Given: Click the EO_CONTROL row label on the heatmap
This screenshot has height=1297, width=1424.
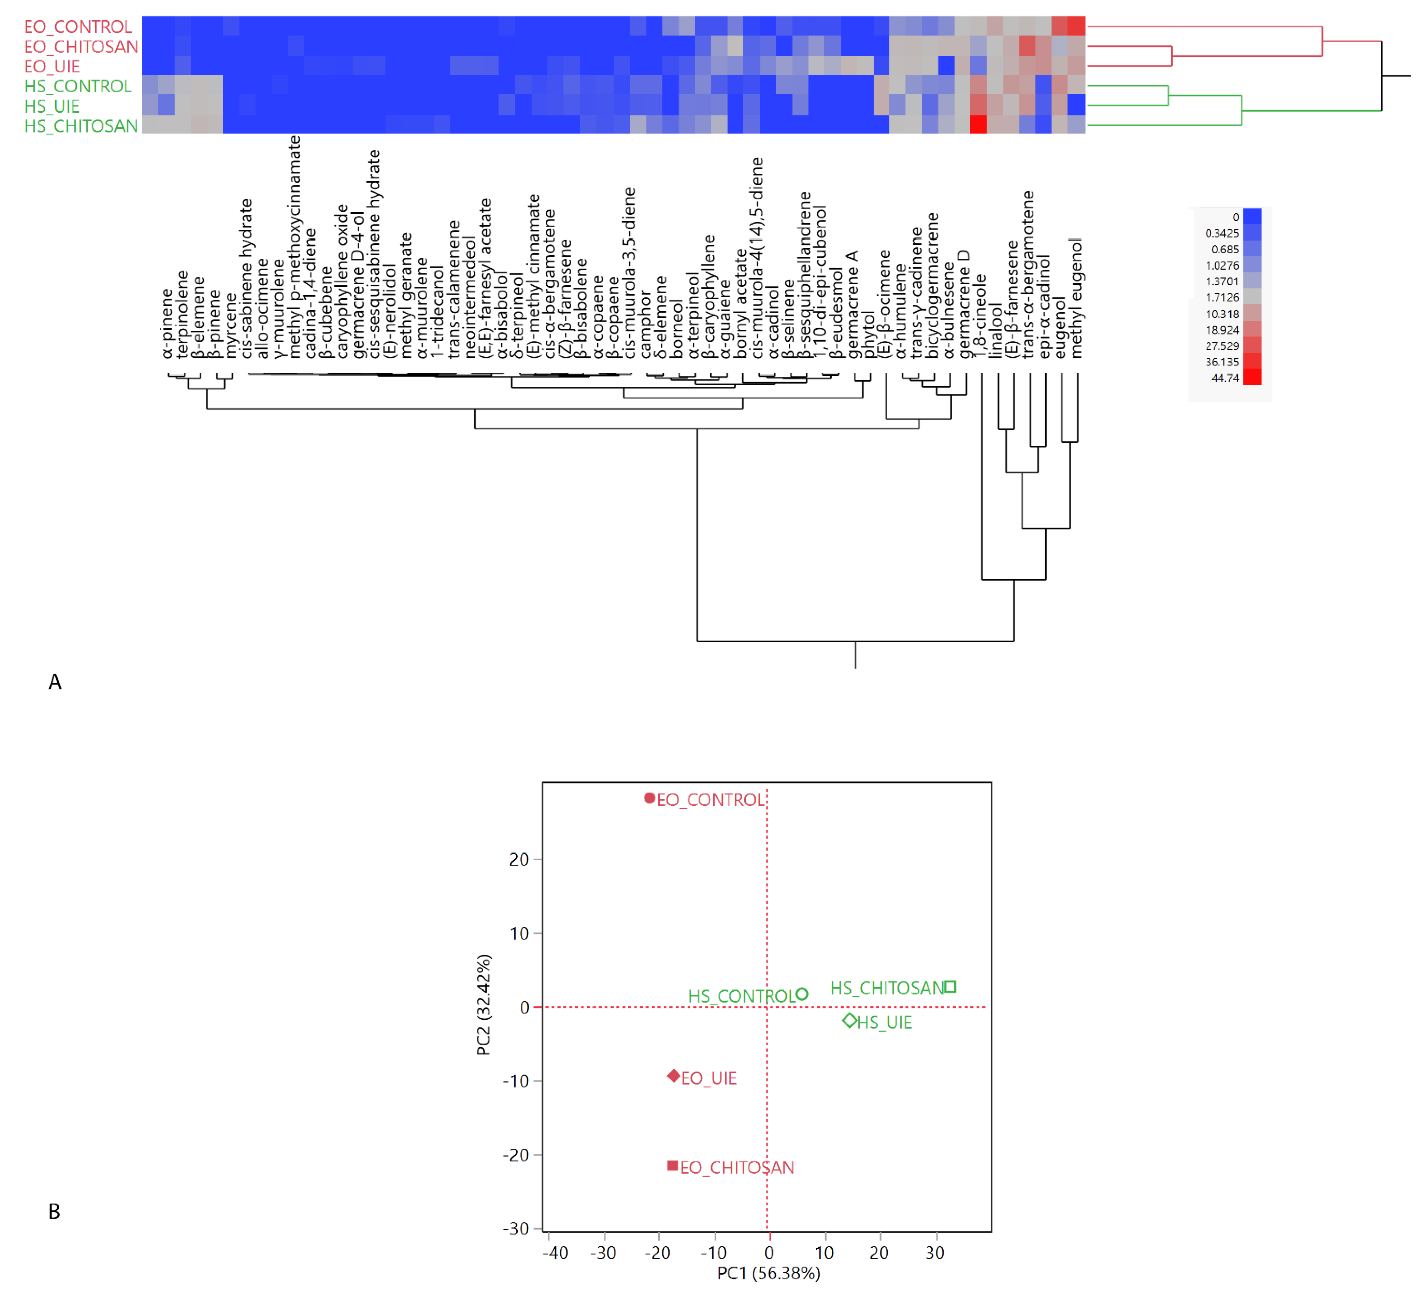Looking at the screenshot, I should click(78, 27).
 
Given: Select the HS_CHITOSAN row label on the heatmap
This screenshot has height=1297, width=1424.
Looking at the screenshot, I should click(81, 126).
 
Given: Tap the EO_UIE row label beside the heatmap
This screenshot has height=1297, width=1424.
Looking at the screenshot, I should click(52, 66).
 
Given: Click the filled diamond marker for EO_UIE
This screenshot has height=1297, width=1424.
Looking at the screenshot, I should click(674, 1076).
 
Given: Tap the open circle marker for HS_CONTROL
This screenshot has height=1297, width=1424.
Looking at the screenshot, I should click(802, 994).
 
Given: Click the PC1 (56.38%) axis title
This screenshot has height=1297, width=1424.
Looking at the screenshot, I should click(769, 1273).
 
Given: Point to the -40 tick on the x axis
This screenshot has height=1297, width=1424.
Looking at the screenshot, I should click(555, 1253).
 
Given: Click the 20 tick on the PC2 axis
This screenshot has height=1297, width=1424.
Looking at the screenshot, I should click(519, 860).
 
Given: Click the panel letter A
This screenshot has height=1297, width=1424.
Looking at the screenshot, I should click(54, 682).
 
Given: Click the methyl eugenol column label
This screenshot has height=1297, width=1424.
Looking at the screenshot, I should click(1076, 298).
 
